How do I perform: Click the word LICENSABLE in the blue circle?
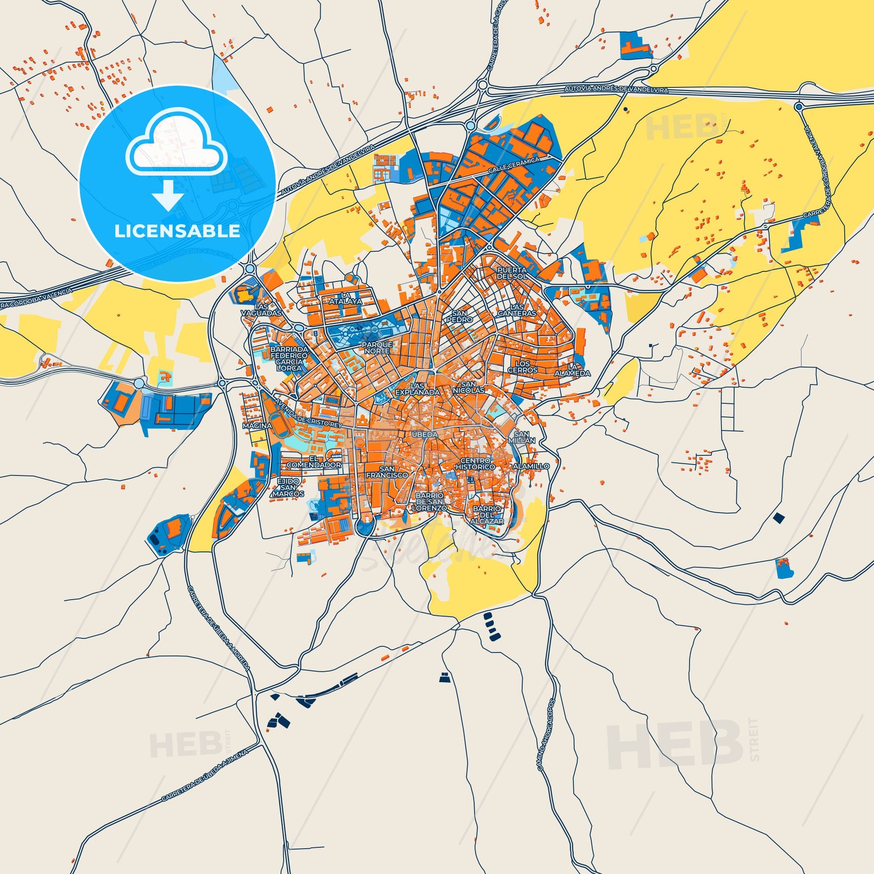click(177, 231)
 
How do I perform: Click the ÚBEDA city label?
click(424, 434)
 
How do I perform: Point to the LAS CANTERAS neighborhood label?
click(516, 310)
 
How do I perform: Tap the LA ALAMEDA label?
click(572, 370)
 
